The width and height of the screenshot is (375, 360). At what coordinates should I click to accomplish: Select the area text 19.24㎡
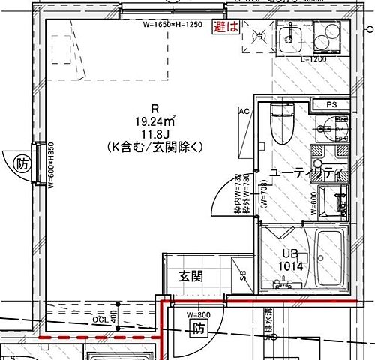point(155,119)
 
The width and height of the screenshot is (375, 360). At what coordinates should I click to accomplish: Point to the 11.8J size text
point(155,132)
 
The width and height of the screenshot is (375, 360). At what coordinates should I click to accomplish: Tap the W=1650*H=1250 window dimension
point(172,25)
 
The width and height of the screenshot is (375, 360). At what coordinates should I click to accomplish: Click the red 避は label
point(226,27)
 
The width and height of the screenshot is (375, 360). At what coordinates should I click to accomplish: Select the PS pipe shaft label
point(332,104)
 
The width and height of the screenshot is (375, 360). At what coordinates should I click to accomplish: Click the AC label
point(244,111)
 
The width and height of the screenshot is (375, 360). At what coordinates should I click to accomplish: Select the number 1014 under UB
point(290,265)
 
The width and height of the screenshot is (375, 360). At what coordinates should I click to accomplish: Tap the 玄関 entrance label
point(190,276)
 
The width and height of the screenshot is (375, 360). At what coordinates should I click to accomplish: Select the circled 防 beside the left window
point(22,163)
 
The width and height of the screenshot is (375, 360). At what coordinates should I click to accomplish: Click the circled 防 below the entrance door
point(198,328)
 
